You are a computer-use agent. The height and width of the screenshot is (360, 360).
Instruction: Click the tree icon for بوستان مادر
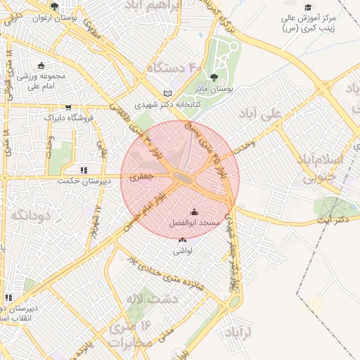(x=214, y=78)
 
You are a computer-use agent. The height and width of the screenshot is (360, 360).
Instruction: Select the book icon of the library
(x=167, y=94)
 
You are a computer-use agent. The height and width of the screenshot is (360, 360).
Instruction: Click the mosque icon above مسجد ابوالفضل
(x=195, y=212)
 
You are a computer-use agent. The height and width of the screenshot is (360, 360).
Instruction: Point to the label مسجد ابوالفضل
(x=195, y=222)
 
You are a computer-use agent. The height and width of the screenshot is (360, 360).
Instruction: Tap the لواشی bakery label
(x=183, y=250)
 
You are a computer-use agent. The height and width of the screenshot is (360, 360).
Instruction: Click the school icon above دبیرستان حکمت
(x=84, y=170)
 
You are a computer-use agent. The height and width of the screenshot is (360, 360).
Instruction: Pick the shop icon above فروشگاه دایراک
(x=68, y=108)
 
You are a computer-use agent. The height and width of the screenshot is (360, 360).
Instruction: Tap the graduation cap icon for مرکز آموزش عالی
(x=308, y=6)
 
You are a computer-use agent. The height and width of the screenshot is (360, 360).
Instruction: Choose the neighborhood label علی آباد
(x=280, y=112)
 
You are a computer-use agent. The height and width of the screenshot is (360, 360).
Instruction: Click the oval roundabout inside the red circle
(x=181, y=179)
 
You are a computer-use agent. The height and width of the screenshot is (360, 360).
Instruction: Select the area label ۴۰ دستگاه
(x=174, y=67)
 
